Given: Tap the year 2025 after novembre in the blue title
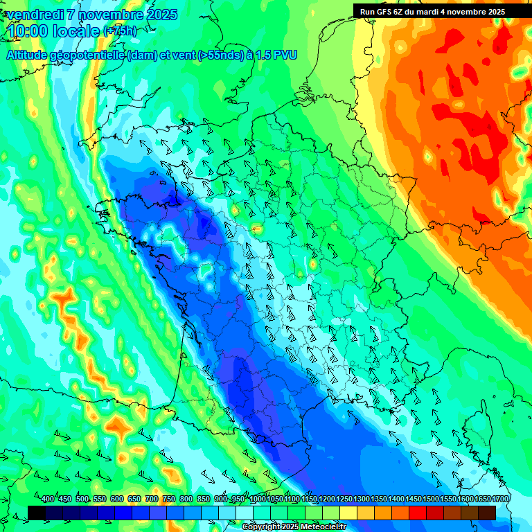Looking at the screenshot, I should [x=161, y=15].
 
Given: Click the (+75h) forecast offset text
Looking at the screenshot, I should [x=120, y=31].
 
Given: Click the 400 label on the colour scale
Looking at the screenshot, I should [x=48, y=499].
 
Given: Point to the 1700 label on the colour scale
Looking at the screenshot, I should [x=482, y=499].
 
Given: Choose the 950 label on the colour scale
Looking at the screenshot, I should [x=238, y=499].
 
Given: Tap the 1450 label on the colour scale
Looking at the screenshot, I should [x=413, y=499].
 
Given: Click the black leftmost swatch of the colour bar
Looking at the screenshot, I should [x=37, y=513].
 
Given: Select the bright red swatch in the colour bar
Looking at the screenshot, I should [x=418, y=513].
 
